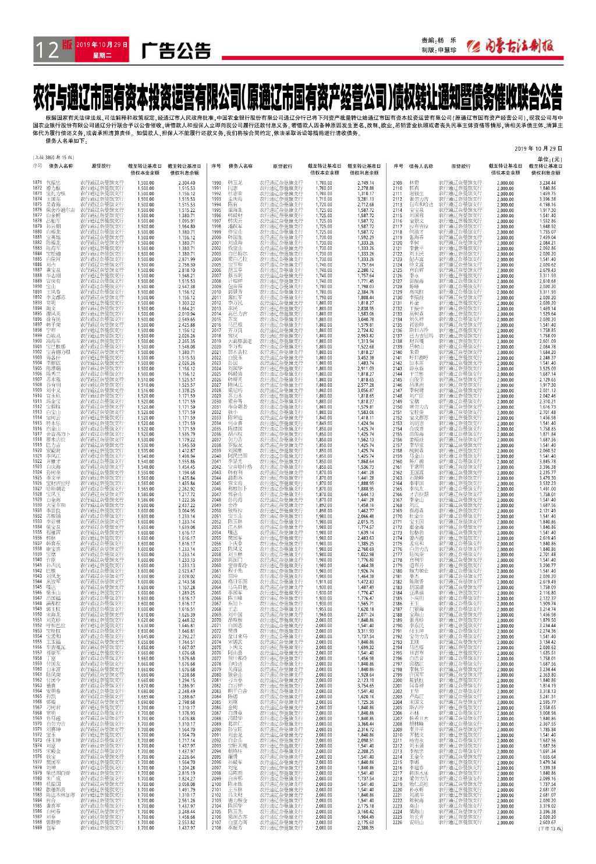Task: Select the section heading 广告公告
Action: coord(176,51)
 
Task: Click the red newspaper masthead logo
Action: coord(512,46)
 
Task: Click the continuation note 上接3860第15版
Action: coord(54,158)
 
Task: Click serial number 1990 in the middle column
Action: coord(217,183)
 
